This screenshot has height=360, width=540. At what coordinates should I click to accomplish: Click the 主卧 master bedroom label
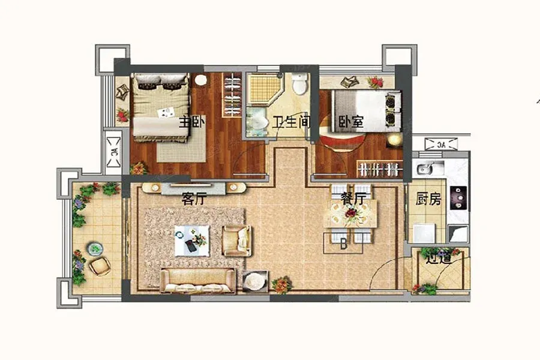192,122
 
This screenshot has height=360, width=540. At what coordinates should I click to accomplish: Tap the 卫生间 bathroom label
292,122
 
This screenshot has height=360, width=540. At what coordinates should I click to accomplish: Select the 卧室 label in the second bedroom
351,122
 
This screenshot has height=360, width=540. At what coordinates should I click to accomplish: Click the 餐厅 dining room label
353,199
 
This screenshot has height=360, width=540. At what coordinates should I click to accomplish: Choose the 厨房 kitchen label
428,199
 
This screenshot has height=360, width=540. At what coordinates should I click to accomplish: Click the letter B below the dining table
343,244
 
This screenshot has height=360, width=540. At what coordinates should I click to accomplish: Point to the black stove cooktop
459,198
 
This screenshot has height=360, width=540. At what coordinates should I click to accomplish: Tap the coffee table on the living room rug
192,241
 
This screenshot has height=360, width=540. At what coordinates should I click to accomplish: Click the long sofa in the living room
197,280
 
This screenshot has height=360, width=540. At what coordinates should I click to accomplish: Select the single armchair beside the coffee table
236,241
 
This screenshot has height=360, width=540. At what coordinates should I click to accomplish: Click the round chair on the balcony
100,266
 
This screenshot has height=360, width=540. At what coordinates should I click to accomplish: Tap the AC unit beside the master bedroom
113,152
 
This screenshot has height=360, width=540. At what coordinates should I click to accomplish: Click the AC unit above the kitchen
441,144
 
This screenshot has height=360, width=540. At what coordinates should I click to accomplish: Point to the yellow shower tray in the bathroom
265,88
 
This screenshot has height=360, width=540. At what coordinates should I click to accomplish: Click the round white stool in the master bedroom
201,80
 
